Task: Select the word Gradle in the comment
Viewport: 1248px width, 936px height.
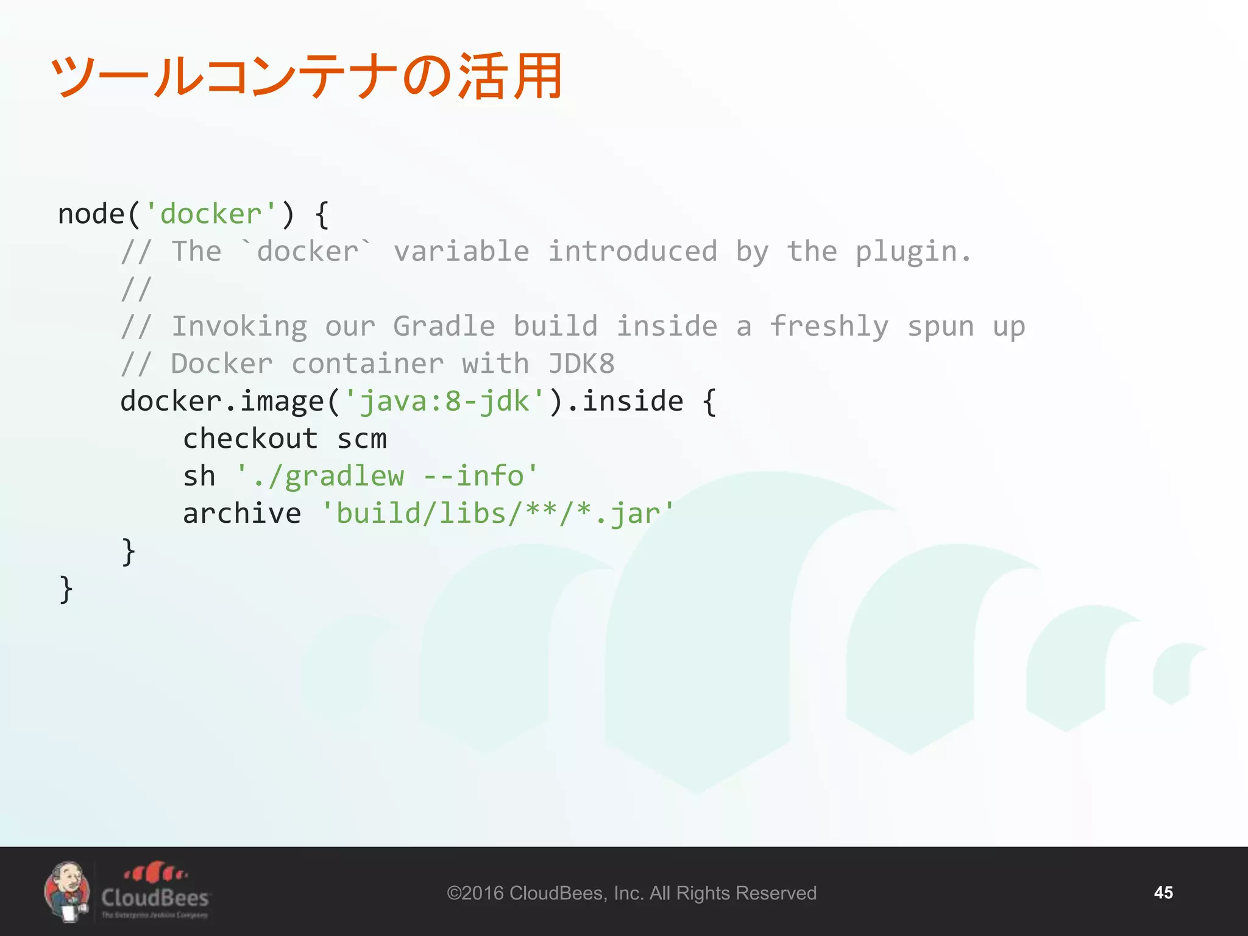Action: click(444, 326)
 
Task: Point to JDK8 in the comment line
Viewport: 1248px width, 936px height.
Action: click(581, 364)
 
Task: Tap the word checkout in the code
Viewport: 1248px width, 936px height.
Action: click(250, 439)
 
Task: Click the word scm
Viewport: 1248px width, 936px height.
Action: click(362, 439)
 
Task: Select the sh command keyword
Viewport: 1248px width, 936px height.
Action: click(199, 477)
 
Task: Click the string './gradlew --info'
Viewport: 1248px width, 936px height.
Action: click(388, 477)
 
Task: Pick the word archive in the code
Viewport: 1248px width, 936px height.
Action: click(242, 514)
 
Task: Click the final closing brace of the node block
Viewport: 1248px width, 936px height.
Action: click(66, 589)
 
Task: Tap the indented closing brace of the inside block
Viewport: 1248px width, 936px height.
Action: click(128, 551)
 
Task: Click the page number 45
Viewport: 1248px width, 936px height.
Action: click(1163, 893)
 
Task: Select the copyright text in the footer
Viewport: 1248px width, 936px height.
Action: click(631, 893)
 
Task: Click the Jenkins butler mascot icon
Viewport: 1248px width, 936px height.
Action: click(67, 892)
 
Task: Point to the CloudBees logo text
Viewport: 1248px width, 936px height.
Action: click(155, 898)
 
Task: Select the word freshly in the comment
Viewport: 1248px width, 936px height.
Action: click(829, 326)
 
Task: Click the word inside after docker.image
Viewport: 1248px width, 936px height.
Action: click(633, 402)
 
